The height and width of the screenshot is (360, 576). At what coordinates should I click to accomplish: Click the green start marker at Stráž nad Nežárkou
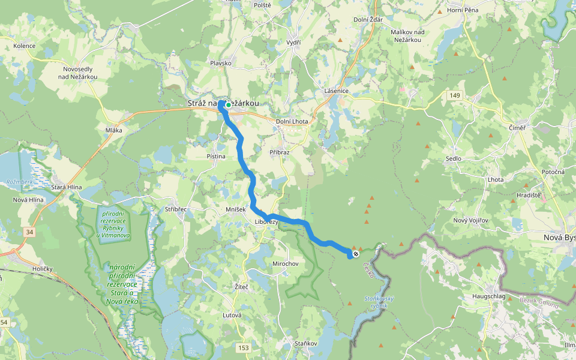pyautogui.click(x=229, y=105)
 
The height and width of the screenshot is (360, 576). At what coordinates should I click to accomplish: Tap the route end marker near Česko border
pyautogui.click(x=356, y=254)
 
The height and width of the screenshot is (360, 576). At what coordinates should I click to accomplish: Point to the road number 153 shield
pyautogui.click(x=243, y=347)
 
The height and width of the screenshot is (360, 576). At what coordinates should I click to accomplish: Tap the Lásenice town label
pyautogui.click(x=337, y=91)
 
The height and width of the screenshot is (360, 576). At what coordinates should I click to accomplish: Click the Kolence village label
pyautogui.click(x=25, y=46)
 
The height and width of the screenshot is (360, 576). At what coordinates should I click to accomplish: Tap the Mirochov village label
pyautogui.click(x=285, y=264)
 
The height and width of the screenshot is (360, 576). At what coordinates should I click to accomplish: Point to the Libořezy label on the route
pyautogui.click(x=266, y=222)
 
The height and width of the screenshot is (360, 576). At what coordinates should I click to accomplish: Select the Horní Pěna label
pyautogui.click(x=463, y=11)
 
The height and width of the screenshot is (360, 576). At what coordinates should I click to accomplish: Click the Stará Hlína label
pyautogui.click(x=66, y=187)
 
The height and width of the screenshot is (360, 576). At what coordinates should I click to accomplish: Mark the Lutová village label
pyautogui.click(x=232, y=315)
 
